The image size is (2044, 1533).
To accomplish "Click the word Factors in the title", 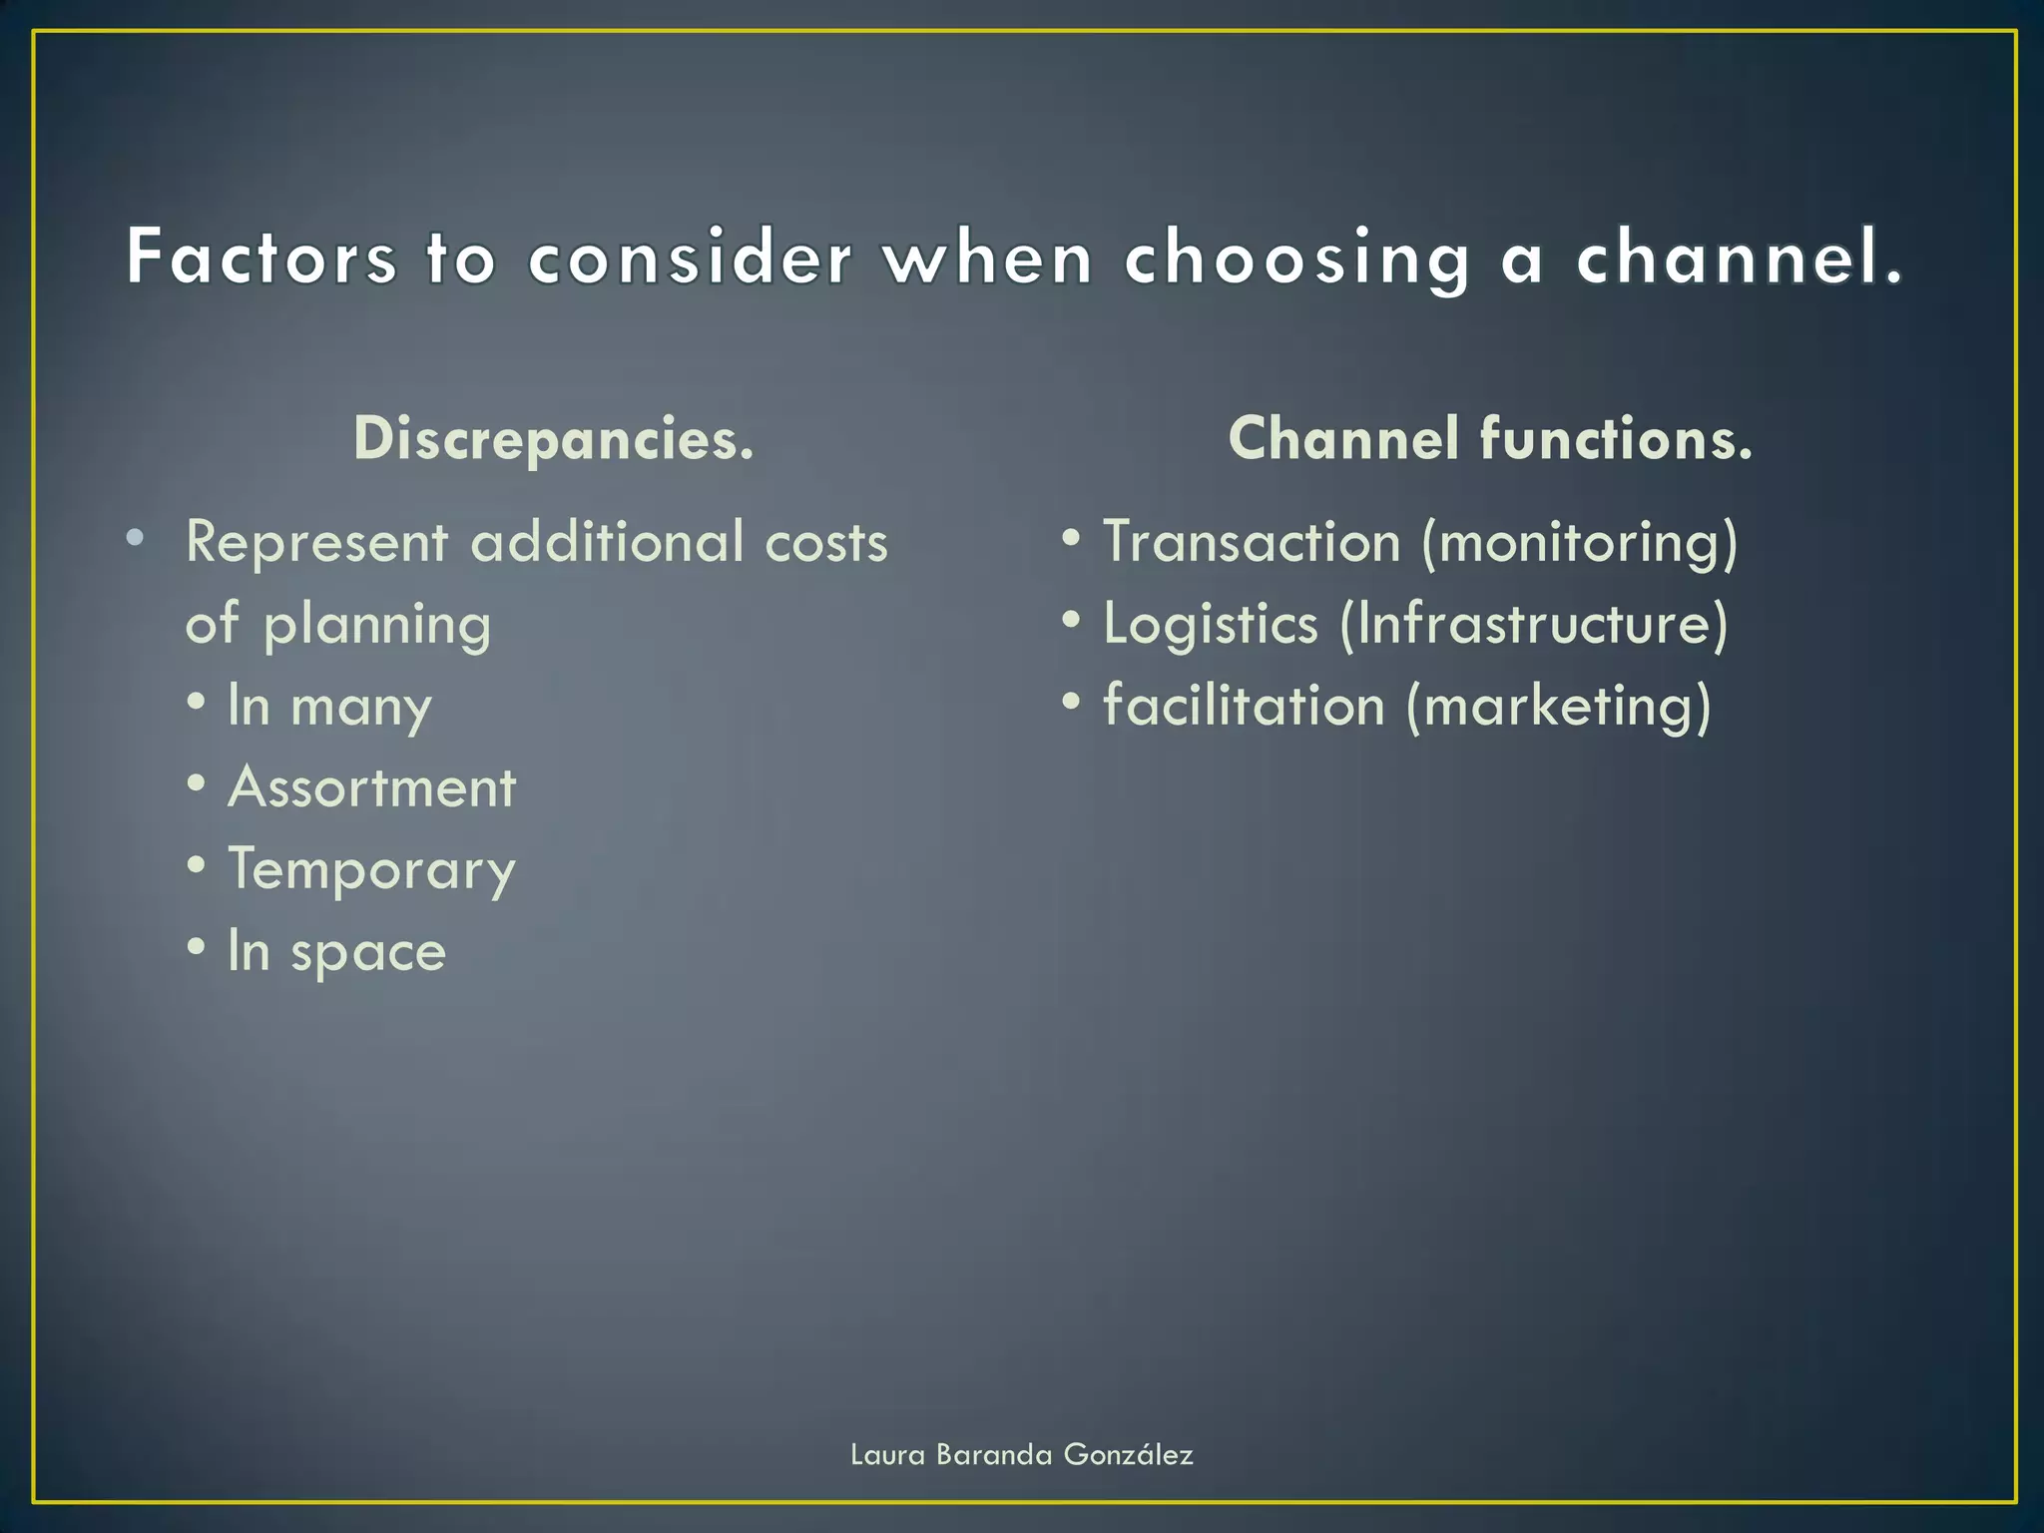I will (x=261, y=257).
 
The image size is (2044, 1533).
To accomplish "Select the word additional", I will (x=607, y=542).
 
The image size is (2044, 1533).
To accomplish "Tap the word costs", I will (x=826, y=544).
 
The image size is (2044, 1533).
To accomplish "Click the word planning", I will (x=377, y=626).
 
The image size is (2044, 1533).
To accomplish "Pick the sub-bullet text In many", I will (x=329, y=707).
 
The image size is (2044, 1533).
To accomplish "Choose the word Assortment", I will (x=372, y=787).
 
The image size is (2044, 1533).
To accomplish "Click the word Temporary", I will (x=371, y=870).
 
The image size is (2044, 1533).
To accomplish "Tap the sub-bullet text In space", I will (x=336, y=951).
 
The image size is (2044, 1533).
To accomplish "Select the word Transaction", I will (x=1252, y=542).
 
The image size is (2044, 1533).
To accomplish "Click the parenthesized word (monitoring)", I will (x=1579, y=544).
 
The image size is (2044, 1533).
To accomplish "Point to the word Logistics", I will (x=1211, y=625).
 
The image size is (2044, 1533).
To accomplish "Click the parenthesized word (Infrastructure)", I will (x=1534, y=625).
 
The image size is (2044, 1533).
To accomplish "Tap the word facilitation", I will (x=1244, y=706).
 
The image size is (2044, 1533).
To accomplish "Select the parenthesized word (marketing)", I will (x=1558, y=708).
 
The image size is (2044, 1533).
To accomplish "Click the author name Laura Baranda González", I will (x=1021, y=1454).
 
